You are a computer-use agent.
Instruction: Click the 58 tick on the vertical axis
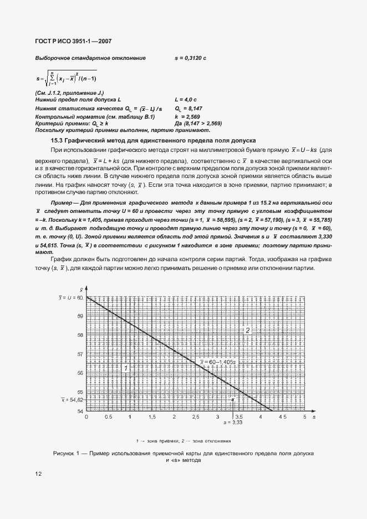[x=80, y=335]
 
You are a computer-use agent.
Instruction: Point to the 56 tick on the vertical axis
[x=80, y=373]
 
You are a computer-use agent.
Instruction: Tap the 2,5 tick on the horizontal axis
[x=195, y=416]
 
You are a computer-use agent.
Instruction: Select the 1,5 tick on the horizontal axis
[x=151, y=416]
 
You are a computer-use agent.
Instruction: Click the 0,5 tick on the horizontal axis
[x=108, y=416]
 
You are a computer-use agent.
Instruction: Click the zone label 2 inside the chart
[x=248, y=330]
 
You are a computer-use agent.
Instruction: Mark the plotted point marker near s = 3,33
[x=232, y=399]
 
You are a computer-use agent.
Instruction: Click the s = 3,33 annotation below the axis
[x=233, y=423]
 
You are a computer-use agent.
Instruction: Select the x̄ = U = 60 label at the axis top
[x=70, y=298]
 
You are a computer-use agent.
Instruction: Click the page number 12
[x=38, y=474]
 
